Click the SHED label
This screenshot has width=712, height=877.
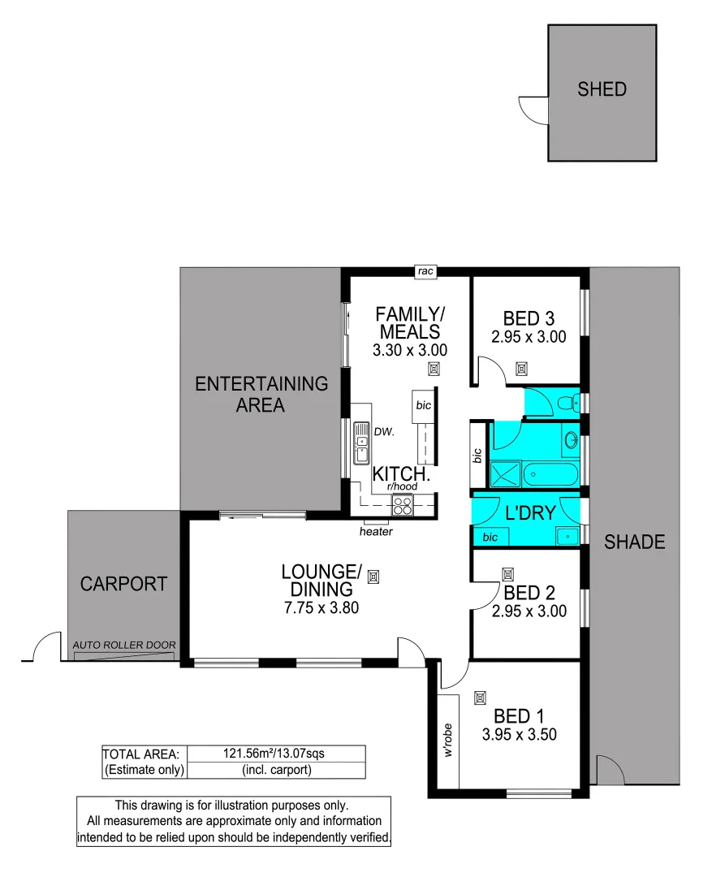(x=602, y=89)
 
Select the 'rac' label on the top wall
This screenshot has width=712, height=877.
(x=425, y=273)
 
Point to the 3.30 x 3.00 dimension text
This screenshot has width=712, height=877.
(x=410, y=351)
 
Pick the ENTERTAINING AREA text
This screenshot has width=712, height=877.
(x=261, y=394)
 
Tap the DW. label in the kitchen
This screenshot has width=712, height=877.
(x=384, y=432)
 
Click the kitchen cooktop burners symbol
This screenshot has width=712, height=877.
(x=403, y=505)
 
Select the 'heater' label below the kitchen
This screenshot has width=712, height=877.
(x=376, y=532)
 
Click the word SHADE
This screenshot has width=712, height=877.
(x=635, y=542)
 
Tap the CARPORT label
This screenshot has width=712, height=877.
(x=124, y=583)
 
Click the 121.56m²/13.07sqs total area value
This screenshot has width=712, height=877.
(x=276, y=754)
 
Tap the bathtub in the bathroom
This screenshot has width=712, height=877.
(x=552, y=473)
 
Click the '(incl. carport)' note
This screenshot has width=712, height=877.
(x=276, y=770)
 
